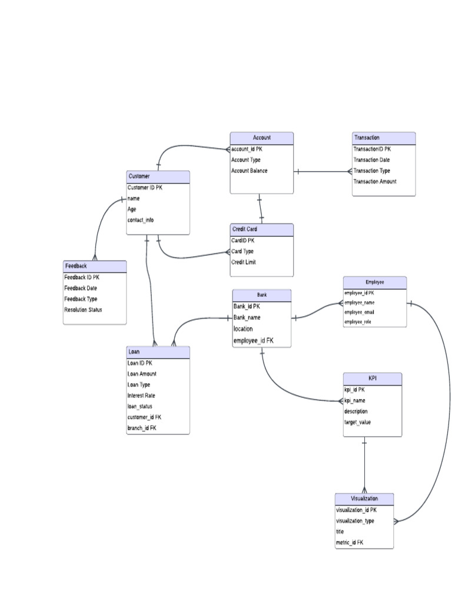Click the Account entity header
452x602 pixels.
point(261,138)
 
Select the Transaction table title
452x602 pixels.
point(383,138)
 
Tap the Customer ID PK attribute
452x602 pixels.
point(144,188)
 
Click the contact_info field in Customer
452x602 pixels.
point(141,220)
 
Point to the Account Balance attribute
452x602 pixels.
point(249,170)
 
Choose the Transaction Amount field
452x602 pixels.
point(375,182)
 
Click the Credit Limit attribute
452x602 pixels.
point(244,262)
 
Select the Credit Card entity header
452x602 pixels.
point(261,229)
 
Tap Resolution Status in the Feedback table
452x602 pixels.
point(83,309)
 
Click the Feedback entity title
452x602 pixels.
point(95,266)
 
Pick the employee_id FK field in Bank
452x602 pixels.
point(253,340)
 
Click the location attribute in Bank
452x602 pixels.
point(243,329)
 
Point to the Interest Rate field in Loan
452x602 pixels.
point(141,396)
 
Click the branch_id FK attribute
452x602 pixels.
point(142,428)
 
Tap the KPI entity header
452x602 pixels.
point(373,378)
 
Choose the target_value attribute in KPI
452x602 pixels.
point(357,422)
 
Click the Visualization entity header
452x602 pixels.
point(364,499)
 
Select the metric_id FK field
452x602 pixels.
point(350,542)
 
